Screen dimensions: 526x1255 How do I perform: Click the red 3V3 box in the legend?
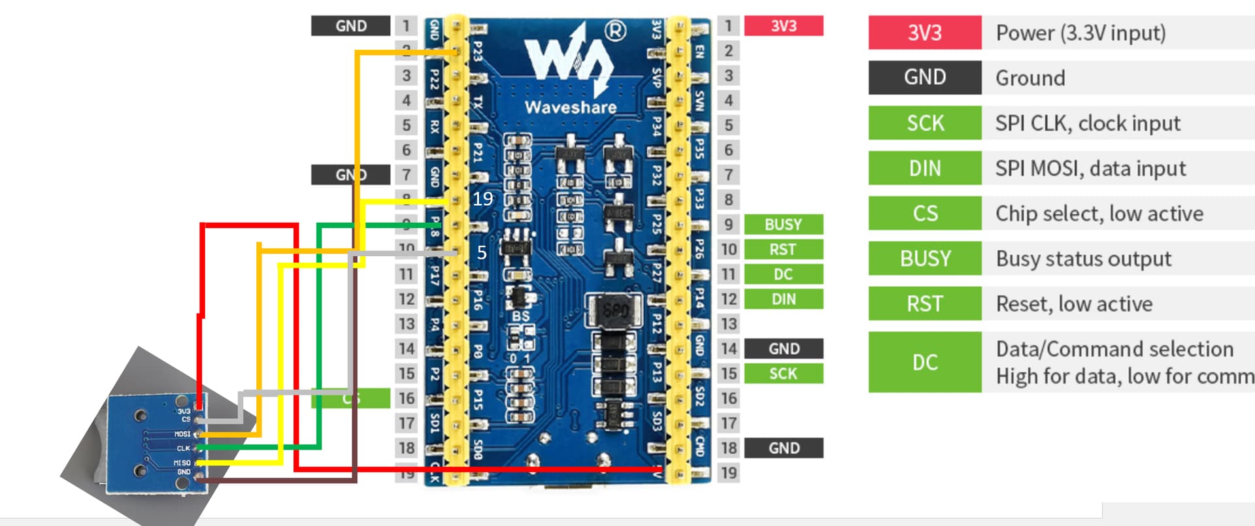924,33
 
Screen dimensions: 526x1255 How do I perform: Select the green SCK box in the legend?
924,123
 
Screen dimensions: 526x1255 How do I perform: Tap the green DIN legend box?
924,168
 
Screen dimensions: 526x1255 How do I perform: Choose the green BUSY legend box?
924,258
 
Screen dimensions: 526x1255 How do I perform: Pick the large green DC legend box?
924,362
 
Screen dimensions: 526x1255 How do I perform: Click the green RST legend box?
924,303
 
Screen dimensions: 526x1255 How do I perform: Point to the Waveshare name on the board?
570,107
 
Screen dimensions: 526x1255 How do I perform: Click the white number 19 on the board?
482,199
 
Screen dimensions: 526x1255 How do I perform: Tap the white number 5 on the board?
482,252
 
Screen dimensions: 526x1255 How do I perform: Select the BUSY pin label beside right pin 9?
783,224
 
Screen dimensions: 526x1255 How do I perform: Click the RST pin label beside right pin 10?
783,249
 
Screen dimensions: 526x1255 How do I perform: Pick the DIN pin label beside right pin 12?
783,299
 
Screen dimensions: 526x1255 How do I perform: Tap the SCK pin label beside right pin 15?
783,373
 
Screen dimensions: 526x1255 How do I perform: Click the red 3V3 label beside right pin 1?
783,25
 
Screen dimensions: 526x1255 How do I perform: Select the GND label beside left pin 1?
351,25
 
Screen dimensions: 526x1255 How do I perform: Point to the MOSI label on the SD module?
182,434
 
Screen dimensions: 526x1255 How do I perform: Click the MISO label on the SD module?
182,463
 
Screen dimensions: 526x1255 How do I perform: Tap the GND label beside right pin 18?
783,448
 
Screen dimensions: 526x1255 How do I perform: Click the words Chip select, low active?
1099,213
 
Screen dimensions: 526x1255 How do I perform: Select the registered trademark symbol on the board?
615,30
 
